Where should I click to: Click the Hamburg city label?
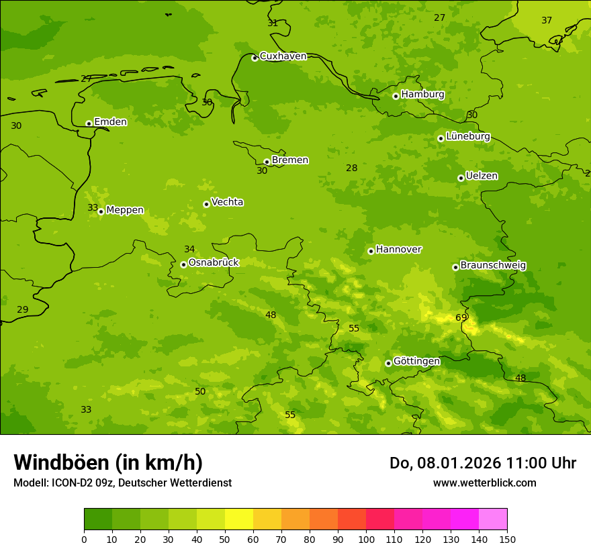click(x=422, y=95)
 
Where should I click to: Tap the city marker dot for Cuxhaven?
click(x=255, y=58)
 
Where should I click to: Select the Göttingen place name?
click(x=416, y=361)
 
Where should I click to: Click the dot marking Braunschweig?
click(x=455, y=267)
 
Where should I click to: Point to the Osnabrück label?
click(x=214, y=262)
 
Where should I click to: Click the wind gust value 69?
click(x=461, y=317)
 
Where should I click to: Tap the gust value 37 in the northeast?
click(x=547, y=20)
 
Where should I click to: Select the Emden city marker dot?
click(x=89, y=123)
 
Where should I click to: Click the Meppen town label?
click(x=125, y=210)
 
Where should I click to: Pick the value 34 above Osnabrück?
click(x=189, y=249)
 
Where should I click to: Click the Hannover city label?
click(x=398, y=250)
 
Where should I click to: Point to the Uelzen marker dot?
click(x=461, y=178)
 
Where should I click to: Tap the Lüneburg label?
click(x=467, y=136)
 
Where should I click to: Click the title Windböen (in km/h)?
click(x=108, y=462)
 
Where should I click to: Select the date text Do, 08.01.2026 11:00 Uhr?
click(x=482, y=463)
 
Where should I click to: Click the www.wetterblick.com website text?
click(x=484, y=483)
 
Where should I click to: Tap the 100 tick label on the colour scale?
click(x=366, y=539)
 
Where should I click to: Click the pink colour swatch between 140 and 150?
click(x=493, y=519)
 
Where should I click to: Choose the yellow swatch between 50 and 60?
click(x=239, y=519)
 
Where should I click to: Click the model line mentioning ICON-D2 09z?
click(x=122, y=483)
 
